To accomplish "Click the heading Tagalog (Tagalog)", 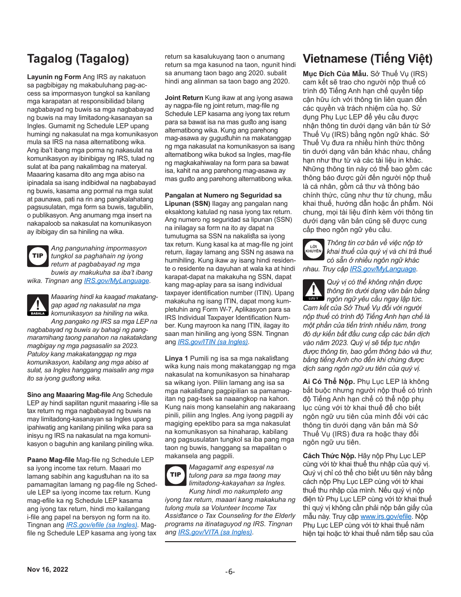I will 78,59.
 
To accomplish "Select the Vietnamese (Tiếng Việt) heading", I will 367,59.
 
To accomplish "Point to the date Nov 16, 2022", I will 48,569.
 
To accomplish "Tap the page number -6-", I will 230,571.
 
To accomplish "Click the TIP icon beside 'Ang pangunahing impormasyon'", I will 37,256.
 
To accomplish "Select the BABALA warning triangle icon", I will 37,305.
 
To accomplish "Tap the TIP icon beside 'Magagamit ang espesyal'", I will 175,475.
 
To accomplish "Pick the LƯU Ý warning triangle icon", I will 313,290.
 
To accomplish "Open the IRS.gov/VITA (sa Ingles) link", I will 215,532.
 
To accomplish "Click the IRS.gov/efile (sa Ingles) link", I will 102,525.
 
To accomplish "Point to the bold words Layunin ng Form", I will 54,77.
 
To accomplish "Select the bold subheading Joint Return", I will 184,98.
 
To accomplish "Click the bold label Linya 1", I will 176,358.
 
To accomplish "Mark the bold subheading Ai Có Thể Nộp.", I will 329,381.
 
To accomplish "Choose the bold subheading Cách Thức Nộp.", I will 329,456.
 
